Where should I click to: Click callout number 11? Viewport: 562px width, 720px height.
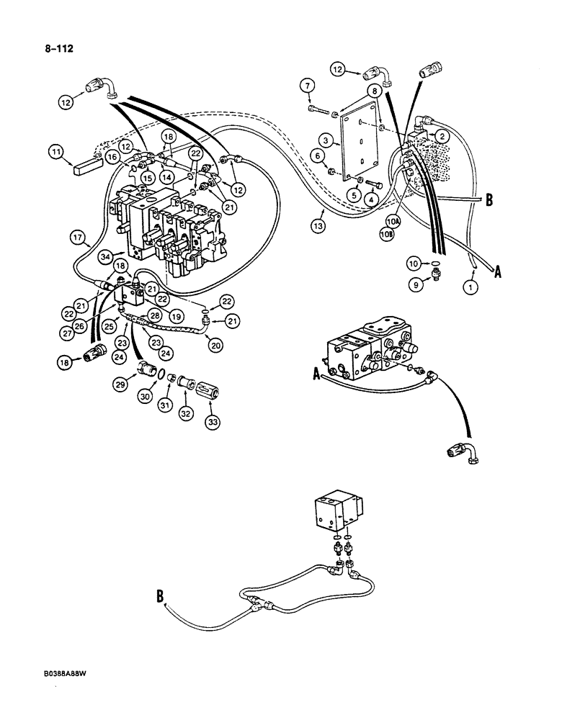click(x=56, y=151)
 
